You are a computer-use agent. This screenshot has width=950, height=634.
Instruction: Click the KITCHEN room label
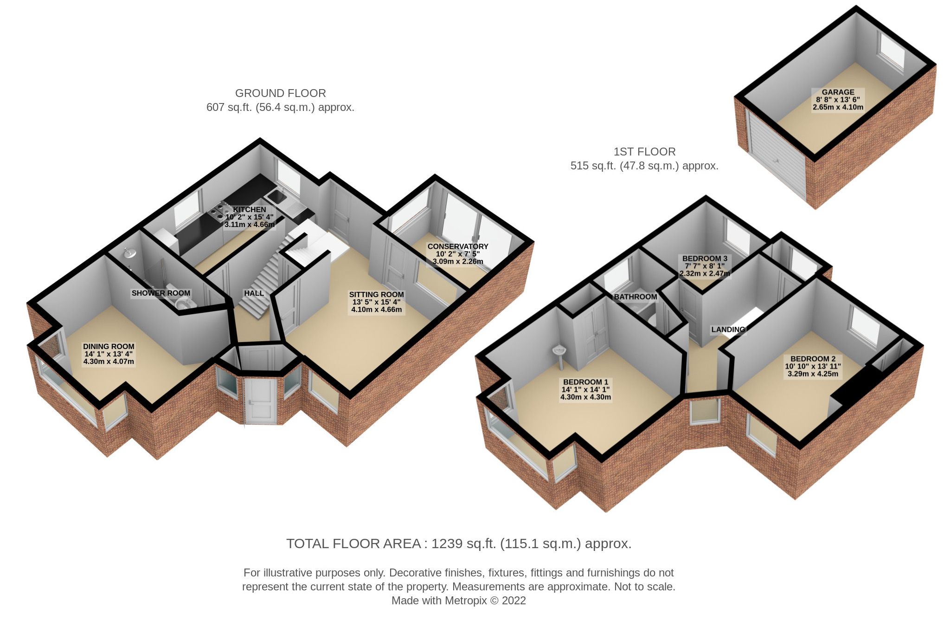(x=250, y=210)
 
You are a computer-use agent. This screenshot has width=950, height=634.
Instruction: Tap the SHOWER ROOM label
(x=160, y=293)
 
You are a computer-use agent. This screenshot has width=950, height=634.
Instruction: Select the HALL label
(x=254, y=293)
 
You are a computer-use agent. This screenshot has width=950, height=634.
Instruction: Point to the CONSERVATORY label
(x=457, y=246)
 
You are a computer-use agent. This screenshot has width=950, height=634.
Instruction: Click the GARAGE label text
(x=838, y=92)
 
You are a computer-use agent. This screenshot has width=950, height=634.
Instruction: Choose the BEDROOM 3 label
(x=705, y=259)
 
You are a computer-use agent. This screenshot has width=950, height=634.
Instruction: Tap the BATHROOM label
(x=635, y=297)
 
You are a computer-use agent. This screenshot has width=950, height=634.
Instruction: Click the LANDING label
(x=728, y=330)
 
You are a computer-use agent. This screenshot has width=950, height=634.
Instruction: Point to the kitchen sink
(x=277, y=197)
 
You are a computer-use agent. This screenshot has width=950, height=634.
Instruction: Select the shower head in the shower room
(x=129, y=253)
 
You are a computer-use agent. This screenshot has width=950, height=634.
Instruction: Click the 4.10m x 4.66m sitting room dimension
(x=376, y=310)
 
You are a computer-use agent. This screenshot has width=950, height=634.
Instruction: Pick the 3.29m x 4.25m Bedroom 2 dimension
(x=813, y=374)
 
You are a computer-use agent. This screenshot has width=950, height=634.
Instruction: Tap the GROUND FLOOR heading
(x=280, y=93)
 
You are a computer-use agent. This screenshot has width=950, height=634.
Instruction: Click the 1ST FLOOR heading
(x=644, y=152)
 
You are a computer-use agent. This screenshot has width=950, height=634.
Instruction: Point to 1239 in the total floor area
(x=447, y=543)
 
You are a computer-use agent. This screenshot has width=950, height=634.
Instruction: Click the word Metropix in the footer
(x=466, y=601)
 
